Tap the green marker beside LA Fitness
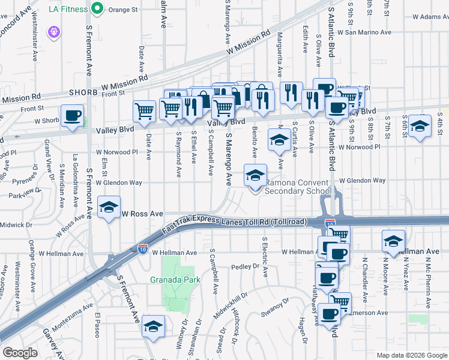(x=96, y=9)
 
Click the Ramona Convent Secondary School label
(x=298, y=187)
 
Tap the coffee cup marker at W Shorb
(x=72, y=115)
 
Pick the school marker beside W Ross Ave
(x=109, y=208)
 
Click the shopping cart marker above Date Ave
(x=144, y=111)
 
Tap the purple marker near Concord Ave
(x=55, y=30)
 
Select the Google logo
(x=20, y=353)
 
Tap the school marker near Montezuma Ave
(x=154, y=326)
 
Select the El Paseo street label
(x=97, y=323)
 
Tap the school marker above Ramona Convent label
(x=255, y=176)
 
